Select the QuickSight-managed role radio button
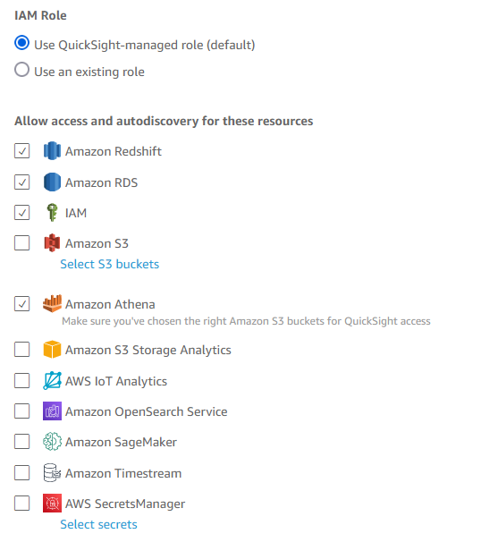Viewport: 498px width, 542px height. point(21,43)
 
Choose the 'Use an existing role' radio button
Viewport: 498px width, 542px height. point(21,70)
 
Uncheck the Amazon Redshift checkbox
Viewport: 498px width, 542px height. point(21,151)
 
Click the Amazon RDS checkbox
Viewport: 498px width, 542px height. point(21,182)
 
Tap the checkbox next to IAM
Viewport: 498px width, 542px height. point(21,213)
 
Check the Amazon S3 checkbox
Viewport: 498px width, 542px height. point(21,242)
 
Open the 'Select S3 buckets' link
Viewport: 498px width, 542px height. point(110,264)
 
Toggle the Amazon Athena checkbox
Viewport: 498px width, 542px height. point(21,304)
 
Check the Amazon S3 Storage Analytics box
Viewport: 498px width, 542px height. point(21,349)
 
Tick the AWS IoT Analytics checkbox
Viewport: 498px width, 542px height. point(21,381)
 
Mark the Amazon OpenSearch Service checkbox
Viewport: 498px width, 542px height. point(21,411)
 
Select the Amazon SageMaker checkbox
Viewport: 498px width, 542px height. point(21,442)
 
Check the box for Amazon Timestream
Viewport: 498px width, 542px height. point(21,472)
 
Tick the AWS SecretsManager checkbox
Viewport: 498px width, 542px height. point(21,503)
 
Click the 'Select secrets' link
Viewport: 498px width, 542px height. point(98,524)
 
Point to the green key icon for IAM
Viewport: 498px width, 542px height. point(52,212)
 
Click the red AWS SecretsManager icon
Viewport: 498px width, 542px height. point(52,503)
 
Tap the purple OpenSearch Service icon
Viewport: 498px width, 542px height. point(52,411)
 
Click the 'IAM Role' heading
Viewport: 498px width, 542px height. point(40,15)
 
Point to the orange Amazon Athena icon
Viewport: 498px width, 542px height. point(52,303)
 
